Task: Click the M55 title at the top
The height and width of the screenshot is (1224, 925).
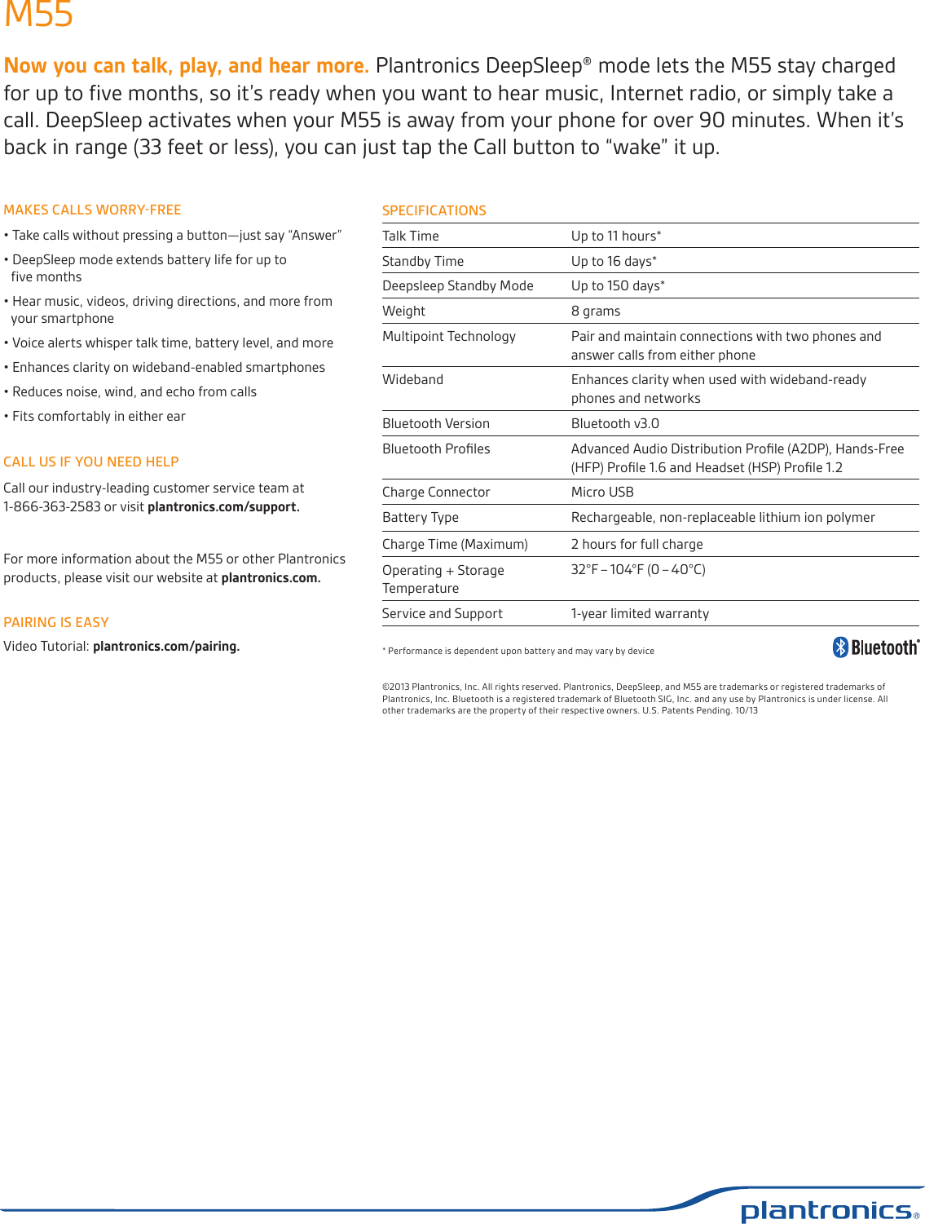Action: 38,15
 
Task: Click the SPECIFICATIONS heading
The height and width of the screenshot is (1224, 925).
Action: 434,210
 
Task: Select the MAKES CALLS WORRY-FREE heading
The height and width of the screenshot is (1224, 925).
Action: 92,210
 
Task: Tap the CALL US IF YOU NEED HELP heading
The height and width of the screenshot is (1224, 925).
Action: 90,462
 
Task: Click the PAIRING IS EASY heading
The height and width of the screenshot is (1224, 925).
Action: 56,622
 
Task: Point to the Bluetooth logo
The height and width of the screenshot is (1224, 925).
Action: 875,647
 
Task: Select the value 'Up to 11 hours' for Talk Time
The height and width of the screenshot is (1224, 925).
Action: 615,236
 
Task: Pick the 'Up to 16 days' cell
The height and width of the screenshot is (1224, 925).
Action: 613,261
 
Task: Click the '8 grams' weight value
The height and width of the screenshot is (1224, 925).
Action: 595,311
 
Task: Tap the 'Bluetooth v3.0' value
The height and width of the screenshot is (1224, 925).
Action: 614,423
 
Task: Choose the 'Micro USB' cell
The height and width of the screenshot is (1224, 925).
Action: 601,492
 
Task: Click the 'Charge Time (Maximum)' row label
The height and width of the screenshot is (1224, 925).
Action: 455,544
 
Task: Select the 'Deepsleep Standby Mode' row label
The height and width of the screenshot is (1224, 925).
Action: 457,285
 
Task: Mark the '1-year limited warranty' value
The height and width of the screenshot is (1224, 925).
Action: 640,613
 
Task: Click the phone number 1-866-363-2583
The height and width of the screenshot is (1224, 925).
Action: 52,506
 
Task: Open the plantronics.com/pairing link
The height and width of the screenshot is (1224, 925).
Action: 165,646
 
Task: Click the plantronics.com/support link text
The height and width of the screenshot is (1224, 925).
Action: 222,506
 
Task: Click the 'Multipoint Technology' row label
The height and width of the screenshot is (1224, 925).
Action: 448,336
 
